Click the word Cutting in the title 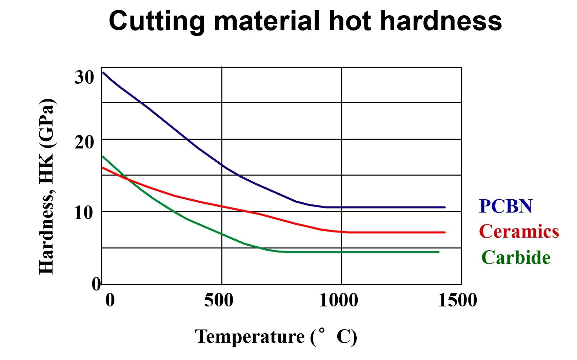point(157,21)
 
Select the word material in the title point(267,21)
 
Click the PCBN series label point(505,206)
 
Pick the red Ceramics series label point(519,232)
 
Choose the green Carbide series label point(516,258)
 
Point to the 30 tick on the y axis point(84,77)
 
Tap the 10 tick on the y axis point(83,213)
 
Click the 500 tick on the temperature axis point(219,300)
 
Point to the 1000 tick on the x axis point(338,300)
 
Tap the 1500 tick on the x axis point(457,300)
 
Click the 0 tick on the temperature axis point(110,300)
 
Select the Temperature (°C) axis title point(276,337)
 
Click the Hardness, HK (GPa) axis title point(47,186)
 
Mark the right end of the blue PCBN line point(444,207)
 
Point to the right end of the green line point(439,252)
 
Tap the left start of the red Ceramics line point(103,167)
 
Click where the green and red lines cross point(127,178)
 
